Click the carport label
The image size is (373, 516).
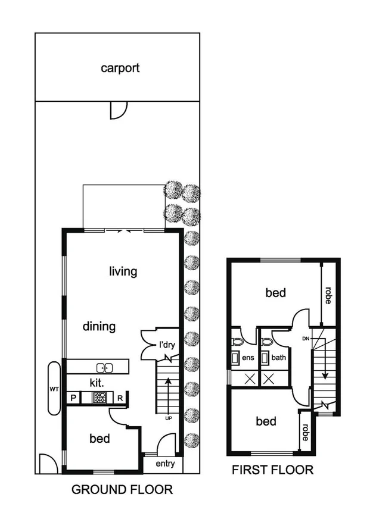(x=120, y=68)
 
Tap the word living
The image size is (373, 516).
(x=123, y=271)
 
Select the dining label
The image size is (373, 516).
(x=99, y=326)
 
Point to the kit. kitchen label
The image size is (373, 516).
(x=98, y=381)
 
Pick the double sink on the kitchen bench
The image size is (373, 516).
(x=104, y=367)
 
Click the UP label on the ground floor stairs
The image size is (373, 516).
(x=168, y=418)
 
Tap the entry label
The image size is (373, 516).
(x=164, y=464)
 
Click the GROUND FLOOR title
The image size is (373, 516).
(x=122, y=490)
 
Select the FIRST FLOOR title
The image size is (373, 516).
(x=272, y=470)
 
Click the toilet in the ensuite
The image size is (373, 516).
(x=238, y=342)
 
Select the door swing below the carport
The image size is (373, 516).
(x=119, y=109)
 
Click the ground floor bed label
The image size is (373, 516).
(x=100, y=439)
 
